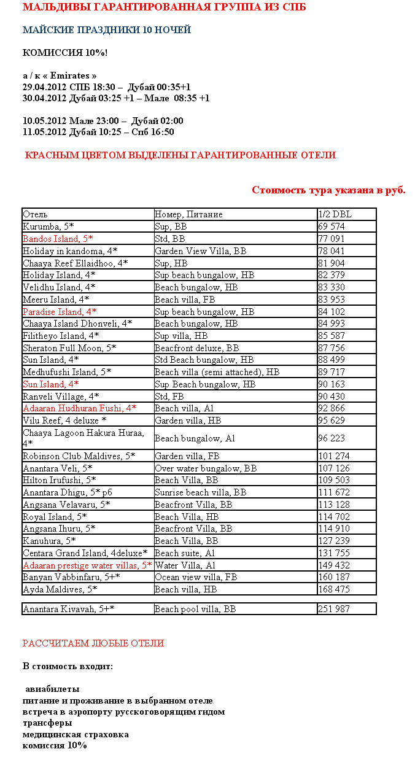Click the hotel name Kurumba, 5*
tap(48, 227)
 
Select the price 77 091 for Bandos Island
tap(332, 239)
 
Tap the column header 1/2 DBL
tap(335, 214)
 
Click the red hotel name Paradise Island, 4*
tap(60, 312)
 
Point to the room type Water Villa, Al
tap(185, 565)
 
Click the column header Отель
tap(35, 214)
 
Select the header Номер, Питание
tap(188, 214)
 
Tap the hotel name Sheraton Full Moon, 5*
tap(69, 348)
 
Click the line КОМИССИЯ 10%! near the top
tap(65, 53)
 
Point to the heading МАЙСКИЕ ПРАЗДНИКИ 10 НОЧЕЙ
tap(107, 30)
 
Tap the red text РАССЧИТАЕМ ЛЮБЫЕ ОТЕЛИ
tap(93, 643)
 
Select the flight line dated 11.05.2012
tap(98, 132)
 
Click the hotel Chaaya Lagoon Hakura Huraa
tap(83, 438)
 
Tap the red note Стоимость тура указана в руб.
tap(328, 190)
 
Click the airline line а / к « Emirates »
tap(60, 76)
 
